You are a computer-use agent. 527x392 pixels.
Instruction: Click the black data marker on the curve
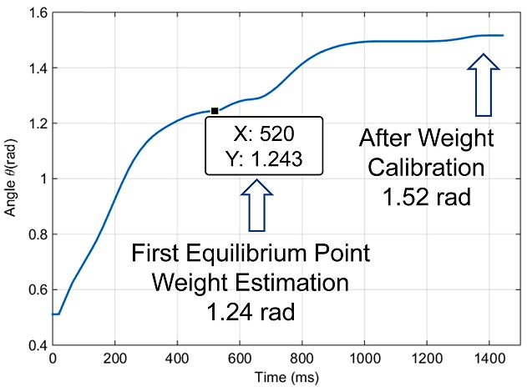tap(215, 111)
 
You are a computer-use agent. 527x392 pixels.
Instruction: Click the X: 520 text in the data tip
tap(262, 133)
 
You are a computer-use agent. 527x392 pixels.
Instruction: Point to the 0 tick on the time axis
tap(53, 357)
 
